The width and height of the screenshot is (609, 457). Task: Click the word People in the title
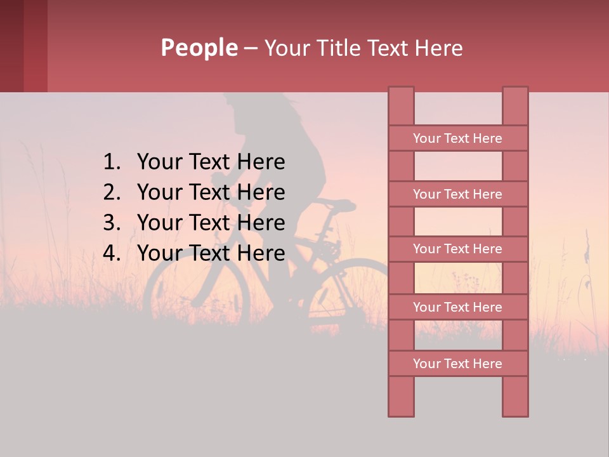tap(199, 48)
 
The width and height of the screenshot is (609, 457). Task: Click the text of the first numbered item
tap(211, 162)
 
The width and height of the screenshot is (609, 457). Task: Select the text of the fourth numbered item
tap(211, 253)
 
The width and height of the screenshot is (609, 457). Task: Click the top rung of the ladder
tap(457, 138)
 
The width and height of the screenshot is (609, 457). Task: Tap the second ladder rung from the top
tap(457, 194)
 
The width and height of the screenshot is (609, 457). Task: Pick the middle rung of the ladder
tap(457, 249)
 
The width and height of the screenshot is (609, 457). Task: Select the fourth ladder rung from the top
tap(457, 307)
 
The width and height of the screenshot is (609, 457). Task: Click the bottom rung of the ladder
tap(457, 364)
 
